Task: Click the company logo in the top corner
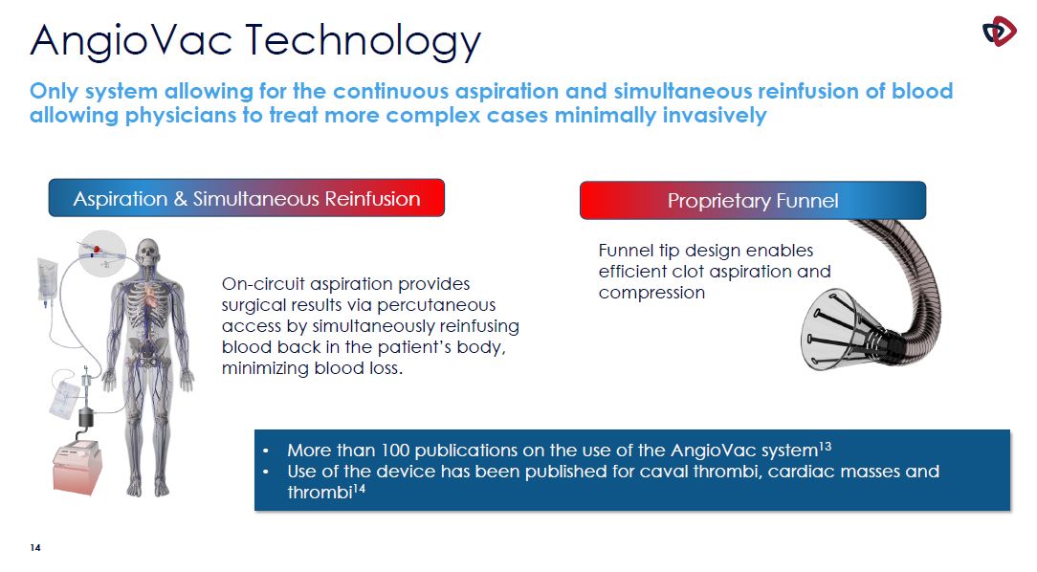[999, 31]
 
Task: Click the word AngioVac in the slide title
[131, 39]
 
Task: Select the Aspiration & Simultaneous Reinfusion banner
[246, 198]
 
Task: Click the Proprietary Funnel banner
[753, 200]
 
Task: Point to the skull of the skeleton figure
[148, 254]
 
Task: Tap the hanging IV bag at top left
[47, 281]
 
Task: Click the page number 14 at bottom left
[35, 547]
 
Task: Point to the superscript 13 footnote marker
[825, 446]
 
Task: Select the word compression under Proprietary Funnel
[651, 293]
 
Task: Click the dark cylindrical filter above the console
[86, 417]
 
